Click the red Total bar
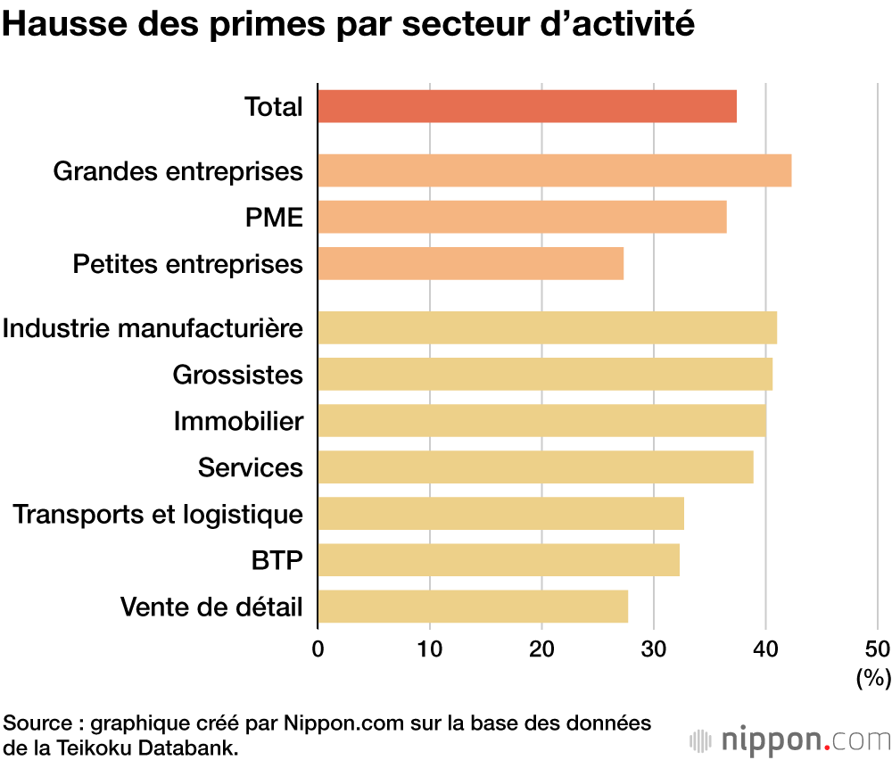pos(527,107)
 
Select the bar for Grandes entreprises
pos(554,170)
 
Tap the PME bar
pos(522,217)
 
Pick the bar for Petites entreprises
pos(470,264)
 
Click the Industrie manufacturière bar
pos(547,327)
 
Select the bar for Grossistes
pos(544,375)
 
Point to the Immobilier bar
pos(541,421)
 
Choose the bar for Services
pos(535,467)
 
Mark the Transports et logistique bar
pos(500,514)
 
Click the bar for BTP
pos(498,560)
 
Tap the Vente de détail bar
pos(473,607)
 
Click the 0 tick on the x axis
pos(318,648)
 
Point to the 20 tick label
pos(542,648)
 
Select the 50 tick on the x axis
pos(877,648)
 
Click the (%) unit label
pos(873,679)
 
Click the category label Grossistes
pos(238,375)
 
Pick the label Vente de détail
pos(211,607)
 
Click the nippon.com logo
pos(790,740)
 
